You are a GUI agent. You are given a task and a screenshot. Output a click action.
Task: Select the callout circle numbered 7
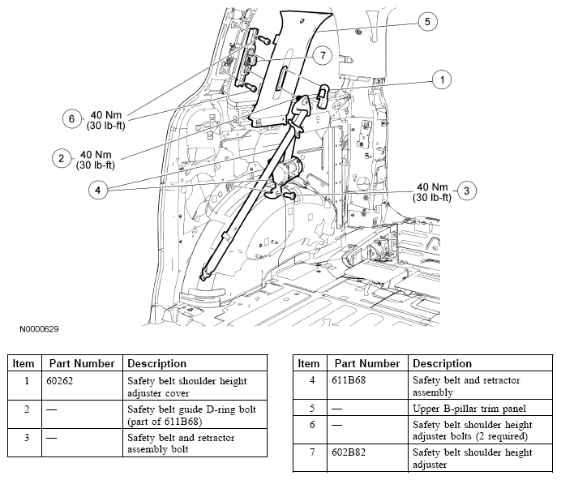point(322,54)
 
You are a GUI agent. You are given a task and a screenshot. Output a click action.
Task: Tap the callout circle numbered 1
point(441,79)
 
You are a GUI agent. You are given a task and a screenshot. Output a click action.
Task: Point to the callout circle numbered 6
point(72,118)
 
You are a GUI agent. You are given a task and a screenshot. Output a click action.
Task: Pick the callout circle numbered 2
point(60,158)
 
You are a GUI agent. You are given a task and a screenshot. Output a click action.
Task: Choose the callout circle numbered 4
point(97,191)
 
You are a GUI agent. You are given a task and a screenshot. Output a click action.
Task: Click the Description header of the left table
point(157,364)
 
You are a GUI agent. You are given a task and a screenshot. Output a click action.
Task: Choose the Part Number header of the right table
point(367,364)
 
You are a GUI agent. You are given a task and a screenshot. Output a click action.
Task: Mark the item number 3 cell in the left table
point(27,438)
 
